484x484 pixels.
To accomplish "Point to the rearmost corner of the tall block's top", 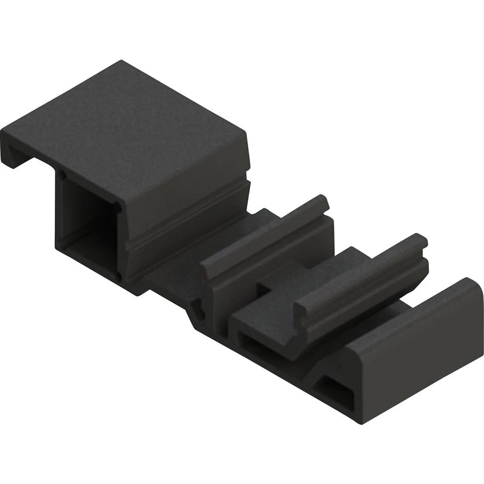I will pyautogui.click(x=121, y=61).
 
